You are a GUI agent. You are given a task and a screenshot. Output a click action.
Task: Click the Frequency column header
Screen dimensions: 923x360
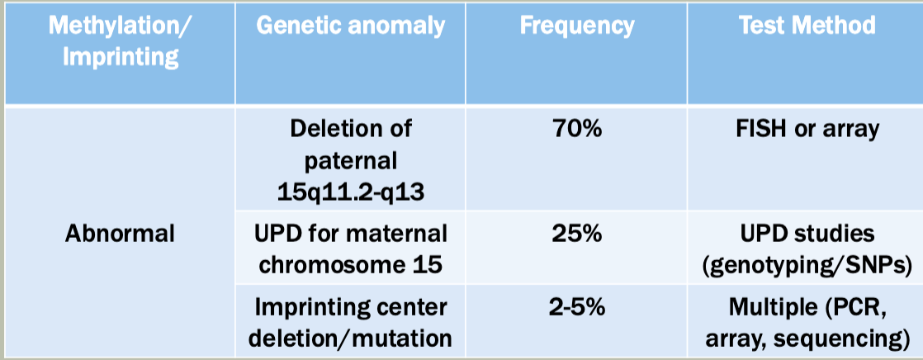[577, 26]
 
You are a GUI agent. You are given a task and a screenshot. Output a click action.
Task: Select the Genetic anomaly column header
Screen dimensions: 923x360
[351, 26]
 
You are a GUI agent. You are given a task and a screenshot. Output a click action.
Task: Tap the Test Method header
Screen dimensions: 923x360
[807, 26]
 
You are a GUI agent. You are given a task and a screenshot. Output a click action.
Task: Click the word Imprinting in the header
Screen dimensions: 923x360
[121, 59]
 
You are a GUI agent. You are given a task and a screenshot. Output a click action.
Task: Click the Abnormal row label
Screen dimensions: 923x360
[120, 234]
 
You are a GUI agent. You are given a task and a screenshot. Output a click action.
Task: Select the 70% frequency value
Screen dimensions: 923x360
[577, 129]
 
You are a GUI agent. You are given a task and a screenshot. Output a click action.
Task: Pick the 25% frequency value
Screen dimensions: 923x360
[577, 234]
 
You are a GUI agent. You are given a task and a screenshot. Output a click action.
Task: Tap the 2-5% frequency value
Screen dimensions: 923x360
[577, 307]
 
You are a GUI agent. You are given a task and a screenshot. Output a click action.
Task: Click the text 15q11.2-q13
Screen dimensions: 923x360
[350, 192]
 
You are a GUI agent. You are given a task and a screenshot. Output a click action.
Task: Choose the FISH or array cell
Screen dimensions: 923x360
[807, 129]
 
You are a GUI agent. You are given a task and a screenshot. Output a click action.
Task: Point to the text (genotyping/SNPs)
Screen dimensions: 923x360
[807, 266]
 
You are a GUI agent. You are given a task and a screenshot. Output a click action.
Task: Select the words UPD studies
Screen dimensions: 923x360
[807, 234]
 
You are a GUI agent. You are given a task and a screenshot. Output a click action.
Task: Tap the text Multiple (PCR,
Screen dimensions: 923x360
[807, 307]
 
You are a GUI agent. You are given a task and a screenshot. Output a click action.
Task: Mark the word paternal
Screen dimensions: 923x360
[350, 161]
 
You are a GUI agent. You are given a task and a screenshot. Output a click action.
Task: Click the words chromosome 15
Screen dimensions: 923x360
[350, 265]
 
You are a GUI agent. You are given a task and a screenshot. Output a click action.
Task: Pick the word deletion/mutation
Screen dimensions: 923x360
[350, 339]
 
